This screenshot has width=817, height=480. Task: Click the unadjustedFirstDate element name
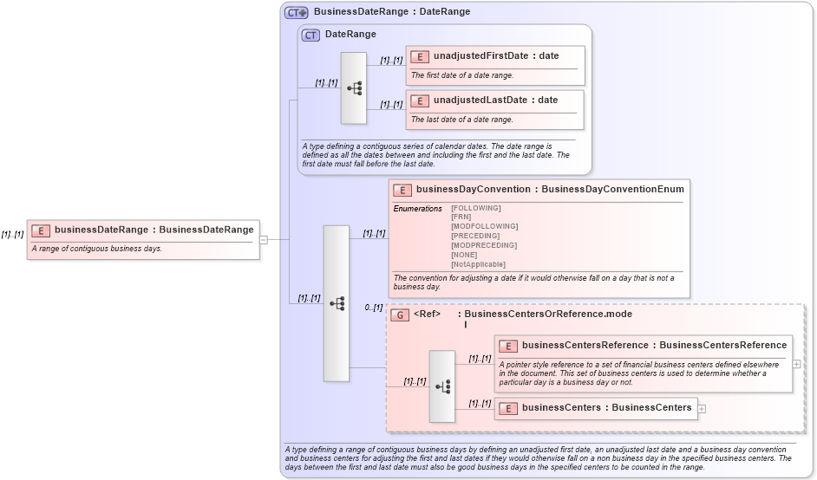[x=480, y=56]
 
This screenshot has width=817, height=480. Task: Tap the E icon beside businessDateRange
[x=41, y=230]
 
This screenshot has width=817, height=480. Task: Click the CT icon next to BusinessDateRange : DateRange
[x=297, y=12]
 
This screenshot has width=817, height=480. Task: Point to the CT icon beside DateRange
[x=310, y=35]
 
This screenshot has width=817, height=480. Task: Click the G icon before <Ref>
[x=400, y=315]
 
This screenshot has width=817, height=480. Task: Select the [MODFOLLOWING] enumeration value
[x=484, y=226]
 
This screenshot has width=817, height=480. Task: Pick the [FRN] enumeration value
[x=461, y=217]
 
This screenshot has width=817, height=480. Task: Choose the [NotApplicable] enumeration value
[x=478, y=264]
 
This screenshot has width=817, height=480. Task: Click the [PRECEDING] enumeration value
[x=475, y=236]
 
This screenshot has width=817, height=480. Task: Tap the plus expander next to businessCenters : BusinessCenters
[x=703, y=408]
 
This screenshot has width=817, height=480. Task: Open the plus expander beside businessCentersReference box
[x=797, y=364]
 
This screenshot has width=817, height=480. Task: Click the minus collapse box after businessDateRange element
[x=264, y=240]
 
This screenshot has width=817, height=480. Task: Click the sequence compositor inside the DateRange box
[x=354, y=88]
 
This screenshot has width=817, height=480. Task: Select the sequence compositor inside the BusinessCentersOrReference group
[x=442, y=386]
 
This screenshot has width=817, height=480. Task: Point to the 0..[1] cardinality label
[x=374, y=308]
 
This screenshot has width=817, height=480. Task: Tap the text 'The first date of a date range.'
[x=462, y=75]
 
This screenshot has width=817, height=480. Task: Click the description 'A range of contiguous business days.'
[x=96, y=249]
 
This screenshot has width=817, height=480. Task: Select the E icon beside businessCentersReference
[x=509, y=346]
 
